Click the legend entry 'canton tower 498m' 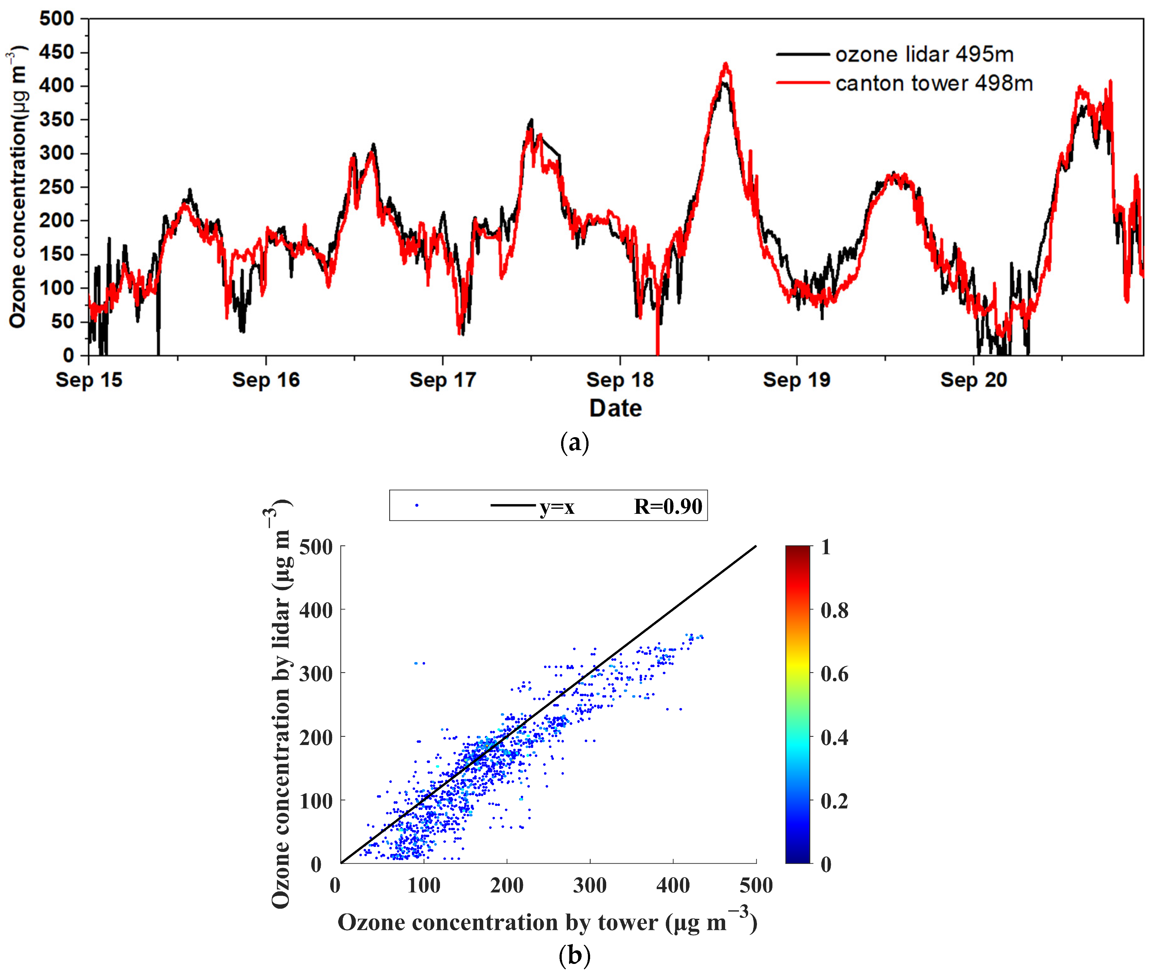click(x=933, y=83)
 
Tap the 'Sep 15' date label click(x=89, y=380)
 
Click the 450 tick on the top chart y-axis click(x=56, y=52)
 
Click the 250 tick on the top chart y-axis click(x=56, y=187)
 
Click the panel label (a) click(x=574, y=443)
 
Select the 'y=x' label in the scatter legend click(x=557, y=507)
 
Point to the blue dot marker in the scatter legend click(x=417, y=505)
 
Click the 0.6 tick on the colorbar click(x=834, y=674)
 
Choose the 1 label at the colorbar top click(x=825, y=547)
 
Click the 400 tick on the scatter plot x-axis click(x=673, y=885)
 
